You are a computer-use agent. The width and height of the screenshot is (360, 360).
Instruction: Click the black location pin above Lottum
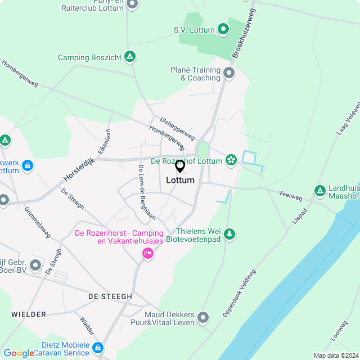[180, 166]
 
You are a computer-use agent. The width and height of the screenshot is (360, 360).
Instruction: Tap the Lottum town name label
[180, 181]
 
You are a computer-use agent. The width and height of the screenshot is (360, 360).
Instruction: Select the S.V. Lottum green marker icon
[223, 28]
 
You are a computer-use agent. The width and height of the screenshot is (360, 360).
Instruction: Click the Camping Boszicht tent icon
[130, 57]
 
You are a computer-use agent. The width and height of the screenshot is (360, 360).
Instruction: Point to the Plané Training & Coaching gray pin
[228, 73]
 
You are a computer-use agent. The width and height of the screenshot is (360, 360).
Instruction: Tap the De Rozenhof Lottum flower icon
[230, 160]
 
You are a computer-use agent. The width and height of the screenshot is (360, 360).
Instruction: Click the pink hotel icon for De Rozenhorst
[147, 254]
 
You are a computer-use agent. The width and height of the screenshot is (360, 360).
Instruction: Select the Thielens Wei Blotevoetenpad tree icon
[228, 233]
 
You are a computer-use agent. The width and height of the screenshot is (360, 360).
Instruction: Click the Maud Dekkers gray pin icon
[203, 318]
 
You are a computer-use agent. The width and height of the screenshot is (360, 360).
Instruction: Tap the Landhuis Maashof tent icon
[320, 191]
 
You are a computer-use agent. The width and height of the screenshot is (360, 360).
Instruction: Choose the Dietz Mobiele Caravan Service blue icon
[98, 348]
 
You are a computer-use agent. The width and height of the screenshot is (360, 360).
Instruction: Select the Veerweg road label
[290, 195]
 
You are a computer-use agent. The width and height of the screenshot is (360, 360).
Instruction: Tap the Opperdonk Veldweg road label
[239, 292]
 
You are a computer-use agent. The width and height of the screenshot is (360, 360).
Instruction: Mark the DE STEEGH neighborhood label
[110, 296]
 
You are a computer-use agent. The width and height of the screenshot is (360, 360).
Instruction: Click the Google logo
[19, 353]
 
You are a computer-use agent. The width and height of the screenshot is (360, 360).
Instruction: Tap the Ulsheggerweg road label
[177, 129]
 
